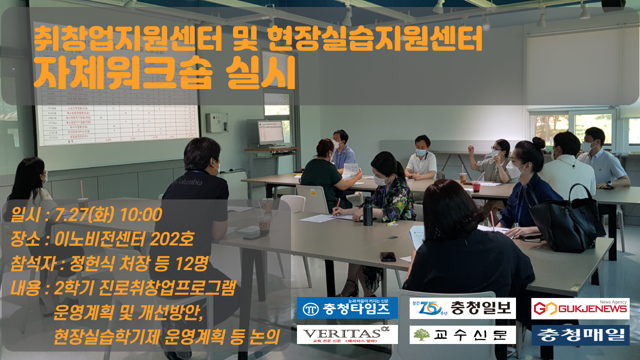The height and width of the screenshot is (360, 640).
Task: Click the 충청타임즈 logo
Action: click(347, 308)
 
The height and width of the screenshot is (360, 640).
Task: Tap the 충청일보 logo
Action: click(462, 308)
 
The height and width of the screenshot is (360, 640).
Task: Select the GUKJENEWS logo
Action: click(580, 308)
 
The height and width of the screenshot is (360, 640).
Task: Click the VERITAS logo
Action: click(347, 334)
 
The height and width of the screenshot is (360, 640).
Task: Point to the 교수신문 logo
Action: click(462, 335)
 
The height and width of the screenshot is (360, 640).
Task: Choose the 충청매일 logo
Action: click(580, 335)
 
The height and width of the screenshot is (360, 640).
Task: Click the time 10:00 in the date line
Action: click(141, 215)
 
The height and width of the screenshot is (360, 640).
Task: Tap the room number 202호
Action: click(172, 239)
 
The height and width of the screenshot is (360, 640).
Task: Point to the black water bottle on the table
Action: click(368, 211)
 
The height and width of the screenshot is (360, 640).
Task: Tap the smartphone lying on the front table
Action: click(388, 256)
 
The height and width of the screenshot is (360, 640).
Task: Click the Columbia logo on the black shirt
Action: click(189, 182)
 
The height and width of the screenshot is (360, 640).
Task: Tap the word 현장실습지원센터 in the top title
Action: click(375, 39)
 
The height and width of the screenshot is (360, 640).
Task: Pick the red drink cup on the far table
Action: click(476, 186)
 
